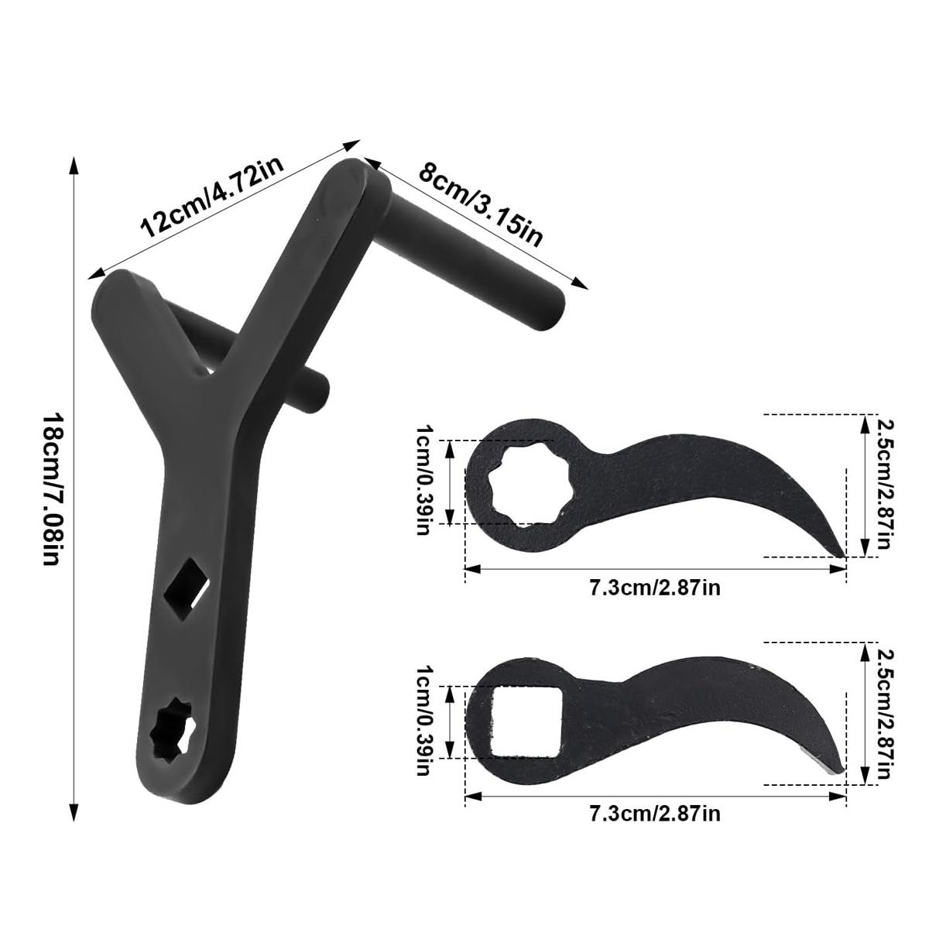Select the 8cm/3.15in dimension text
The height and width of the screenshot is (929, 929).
point(480,203)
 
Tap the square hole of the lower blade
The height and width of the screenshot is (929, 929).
point(523,722)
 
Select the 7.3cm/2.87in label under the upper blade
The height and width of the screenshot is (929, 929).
point(655,588)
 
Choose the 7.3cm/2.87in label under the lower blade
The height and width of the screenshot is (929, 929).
point(655,814)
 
